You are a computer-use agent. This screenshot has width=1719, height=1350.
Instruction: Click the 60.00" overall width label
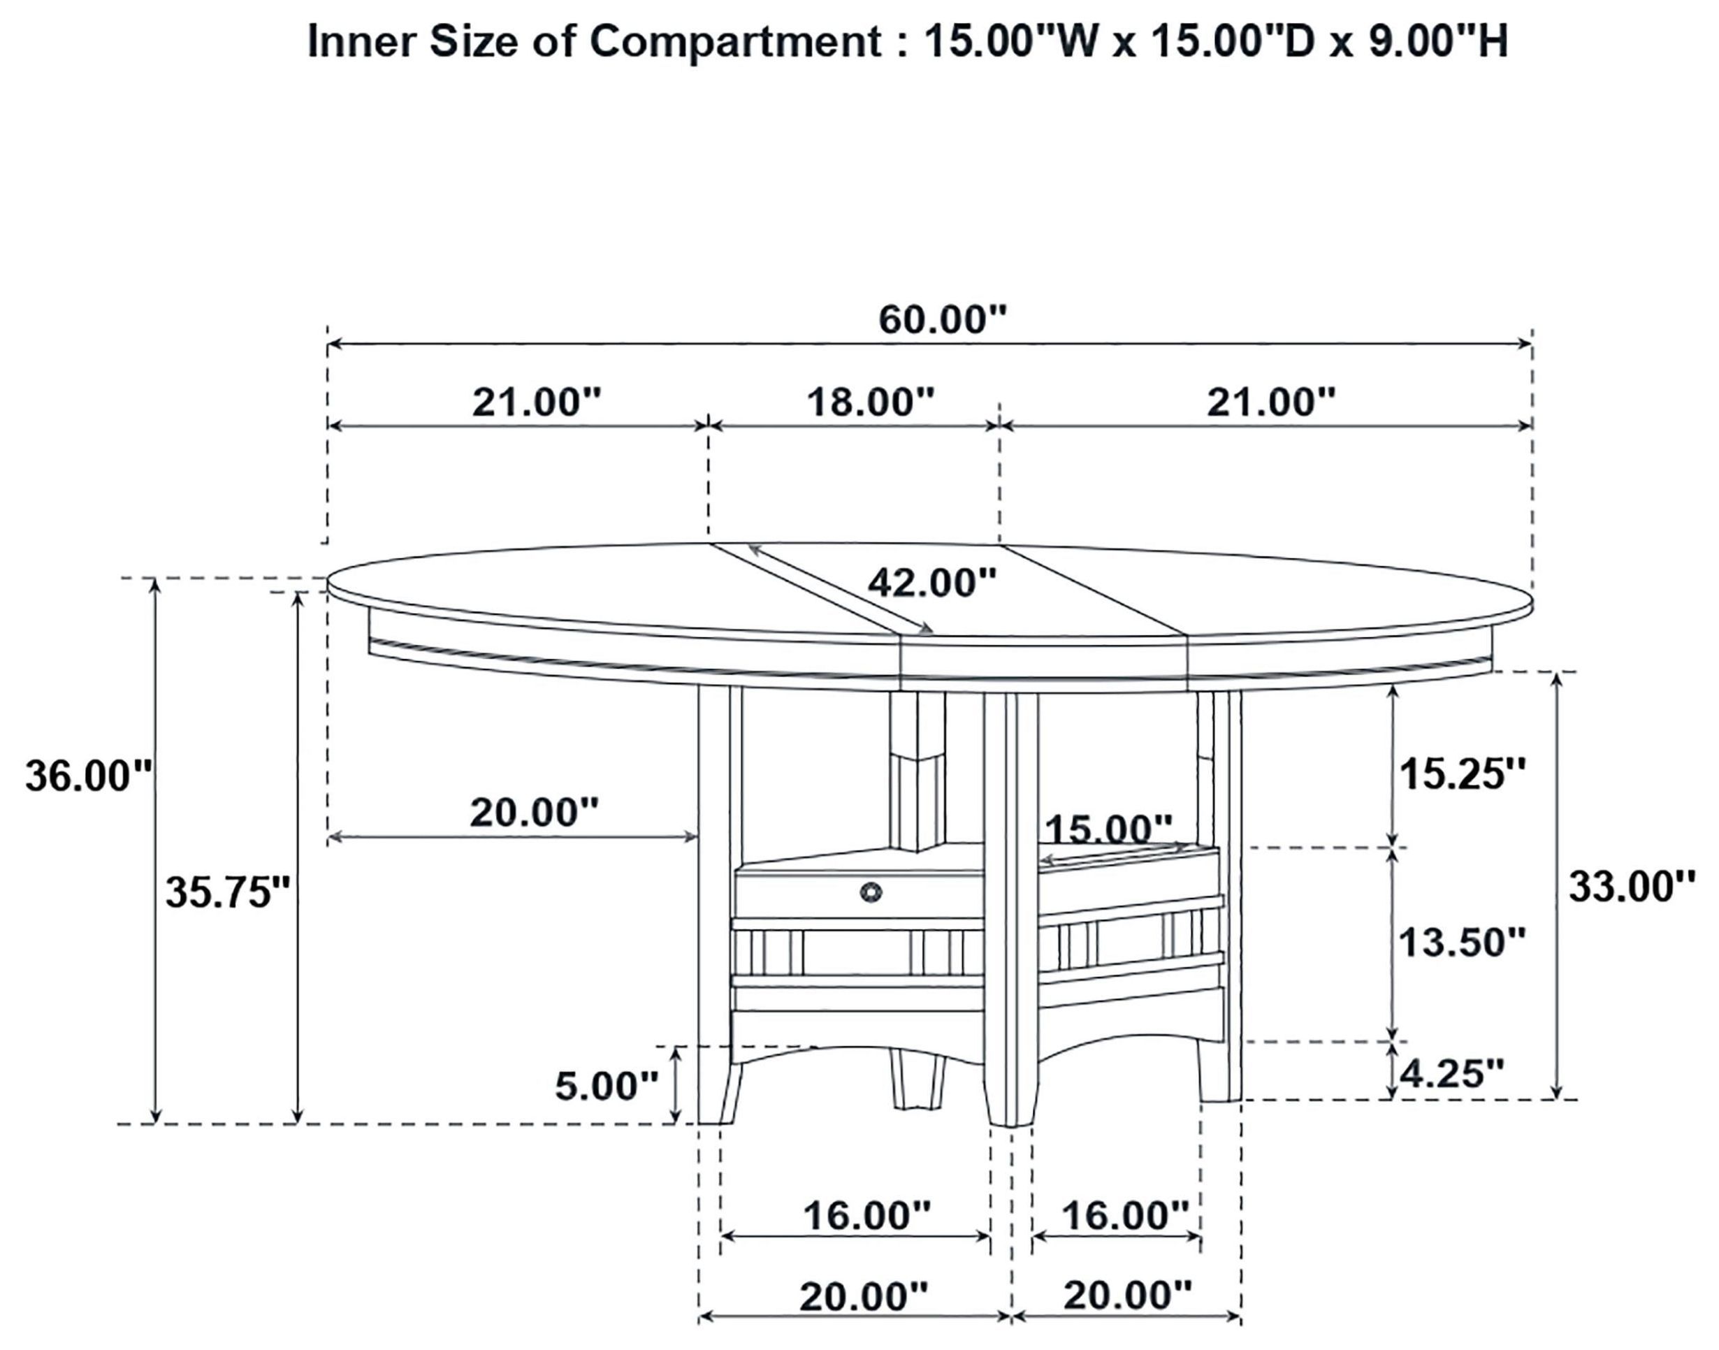(943, 320)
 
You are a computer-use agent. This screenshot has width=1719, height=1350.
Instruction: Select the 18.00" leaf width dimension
(870, 402)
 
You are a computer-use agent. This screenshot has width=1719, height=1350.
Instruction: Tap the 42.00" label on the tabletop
(931, 583)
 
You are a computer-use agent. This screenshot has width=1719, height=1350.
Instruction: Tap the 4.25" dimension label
(1452, 1073)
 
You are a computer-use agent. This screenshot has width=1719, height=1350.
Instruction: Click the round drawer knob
(871, 892)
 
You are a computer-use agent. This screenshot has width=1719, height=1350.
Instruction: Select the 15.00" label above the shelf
(1109, 829)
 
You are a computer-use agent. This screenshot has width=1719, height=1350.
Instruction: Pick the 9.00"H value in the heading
(1438, 41)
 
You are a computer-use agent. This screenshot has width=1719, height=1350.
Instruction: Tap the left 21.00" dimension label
(537, 402)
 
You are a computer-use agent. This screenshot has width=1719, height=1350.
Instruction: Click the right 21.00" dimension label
(1271, 402)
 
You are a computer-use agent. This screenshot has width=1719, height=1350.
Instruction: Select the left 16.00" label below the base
(867, 1216)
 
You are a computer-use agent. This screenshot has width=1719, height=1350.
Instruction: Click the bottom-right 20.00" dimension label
(1127, 1295)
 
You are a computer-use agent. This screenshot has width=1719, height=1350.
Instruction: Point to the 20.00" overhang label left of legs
(535, 812)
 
